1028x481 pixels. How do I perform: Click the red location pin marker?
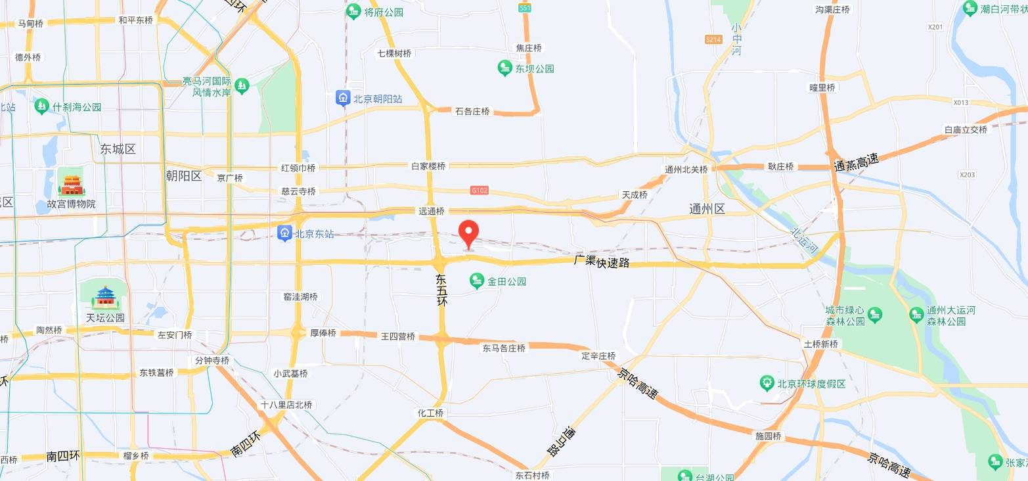click(x=468, y=233)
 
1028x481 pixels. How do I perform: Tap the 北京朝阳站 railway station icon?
click(x=343, y=99)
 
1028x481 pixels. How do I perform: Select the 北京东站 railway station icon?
click(x=284, y=233)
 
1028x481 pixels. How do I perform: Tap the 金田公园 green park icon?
click(x=477, y=281)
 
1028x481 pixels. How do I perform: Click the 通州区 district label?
click(x=707, y=209)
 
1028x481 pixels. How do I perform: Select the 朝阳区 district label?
click(x=184, y=175)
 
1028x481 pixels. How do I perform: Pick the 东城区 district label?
click(x=118, y=149)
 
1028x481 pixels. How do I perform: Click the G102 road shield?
click(x=480, y=191)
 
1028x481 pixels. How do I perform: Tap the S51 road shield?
click(x=524, y=8)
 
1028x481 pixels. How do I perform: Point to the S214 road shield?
click(x=713, y=39)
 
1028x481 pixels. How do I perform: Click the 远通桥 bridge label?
click(x=432, y=212)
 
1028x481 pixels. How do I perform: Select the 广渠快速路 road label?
click(x=602, y=262)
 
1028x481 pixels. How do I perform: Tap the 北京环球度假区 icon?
click(x=766, y=382)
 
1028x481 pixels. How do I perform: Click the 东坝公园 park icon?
click(x=504, y=68)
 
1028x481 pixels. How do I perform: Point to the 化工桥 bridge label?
click(x=431, y=413)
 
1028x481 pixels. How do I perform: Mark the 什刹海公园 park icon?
click(x=42, y=106)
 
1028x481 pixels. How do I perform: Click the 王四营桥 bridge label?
click(x=398, y=336)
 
